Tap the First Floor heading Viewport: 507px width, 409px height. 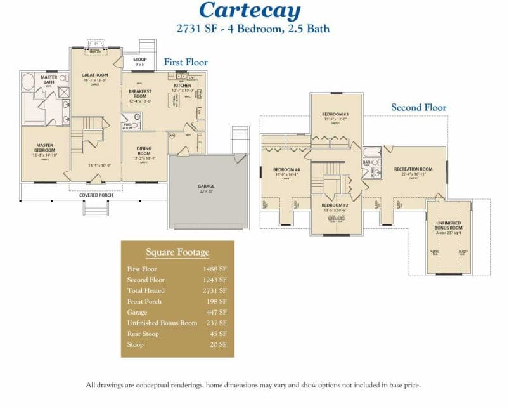tap(186, 62)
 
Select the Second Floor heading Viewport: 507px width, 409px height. tap(418, 107)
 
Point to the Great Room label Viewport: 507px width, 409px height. tap(95, 75)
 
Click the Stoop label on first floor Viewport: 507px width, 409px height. tap(139, 60)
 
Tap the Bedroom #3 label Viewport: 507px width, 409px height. tap(336, 114)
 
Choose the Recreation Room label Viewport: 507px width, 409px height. tap(413, 169)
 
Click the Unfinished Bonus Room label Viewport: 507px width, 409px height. tap(449, 225)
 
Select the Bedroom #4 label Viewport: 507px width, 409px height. tap(286, 169)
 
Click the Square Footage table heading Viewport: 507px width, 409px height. tap(177, 252)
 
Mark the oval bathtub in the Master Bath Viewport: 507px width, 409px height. tap(29, 82)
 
